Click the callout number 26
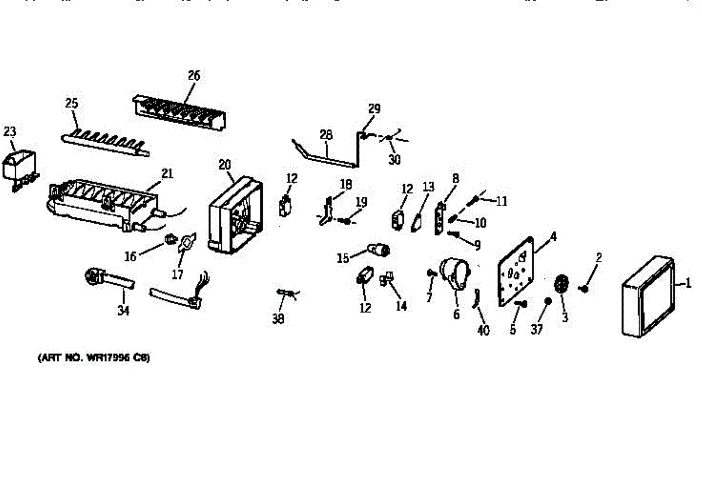coord(194,75)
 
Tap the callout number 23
coord(10,132)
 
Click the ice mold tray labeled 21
coord(102,202)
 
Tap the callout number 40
coord(483,330)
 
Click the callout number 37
coord(536,330)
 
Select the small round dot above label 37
coord(548,301)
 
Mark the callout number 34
coord(123,311)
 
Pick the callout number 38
coord(279,319)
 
